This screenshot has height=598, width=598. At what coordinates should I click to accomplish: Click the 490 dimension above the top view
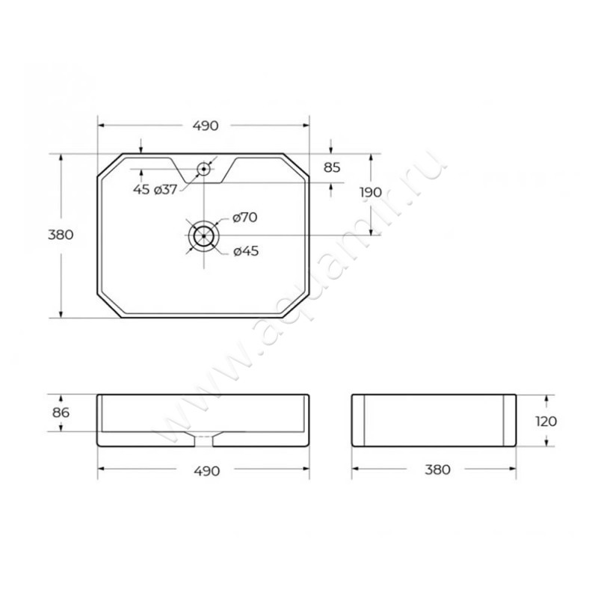point(206,126)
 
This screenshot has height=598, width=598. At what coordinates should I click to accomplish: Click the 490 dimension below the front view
point(207,471)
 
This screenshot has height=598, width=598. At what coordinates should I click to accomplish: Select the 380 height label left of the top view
point(61,235)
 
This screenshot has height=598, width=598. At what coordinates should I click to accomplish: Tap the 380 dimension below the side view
point(437,469)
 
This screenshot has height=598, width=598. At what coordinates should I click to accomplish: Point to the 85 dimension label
point(331,167)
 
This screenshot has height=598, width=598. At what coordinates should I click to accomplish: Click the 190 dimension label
point(371,192)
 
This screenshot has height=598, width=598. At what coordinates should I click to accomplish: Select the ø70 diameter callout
point(245,218)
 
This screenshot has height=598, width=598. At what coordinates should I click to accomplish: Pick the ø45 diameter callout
point(246,251)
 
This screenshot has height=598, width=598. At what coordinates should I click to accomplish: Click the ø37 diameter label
point(165,190)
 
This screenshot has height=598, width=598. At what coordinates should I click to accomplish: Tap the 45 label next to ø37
point(141,190)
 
